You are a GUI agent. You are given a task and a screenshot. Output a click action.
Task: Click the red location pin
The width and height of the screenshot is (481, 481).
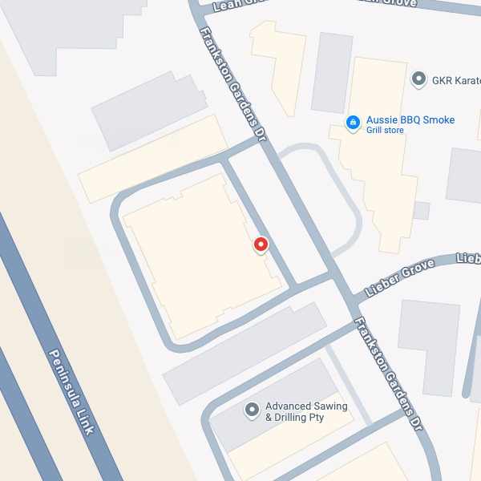[260, 245]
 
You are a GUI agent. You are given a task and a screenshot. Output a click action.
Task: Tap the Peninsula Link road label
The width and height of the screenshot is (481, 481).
[72, 392]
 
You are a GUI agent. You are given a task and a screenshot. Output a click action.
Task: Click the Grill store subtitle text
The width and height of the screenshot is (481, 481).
[386, 130]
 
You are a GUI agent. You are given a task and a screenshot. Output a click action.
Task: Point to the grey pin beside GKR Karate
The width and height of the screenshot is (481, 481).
[418, 79]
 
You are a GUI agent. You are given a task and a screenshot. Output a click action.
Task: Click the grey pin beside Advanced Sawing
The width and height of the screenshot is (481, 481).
[251, 410]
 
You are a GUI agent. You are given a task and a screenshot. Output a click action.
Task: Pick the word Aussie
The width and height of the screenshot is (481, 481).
[381, 120]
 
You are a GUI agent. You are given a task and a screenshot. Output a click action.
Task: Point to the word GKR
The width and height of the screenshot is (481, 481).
[443, 80]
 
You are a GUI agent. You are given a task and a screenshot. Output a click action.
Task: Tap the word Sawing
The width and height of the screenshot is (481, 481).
[332, 406]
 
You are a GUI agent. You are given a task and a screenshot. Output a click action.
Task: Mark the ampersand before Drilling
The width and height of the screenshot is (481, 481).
[269, 418]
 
